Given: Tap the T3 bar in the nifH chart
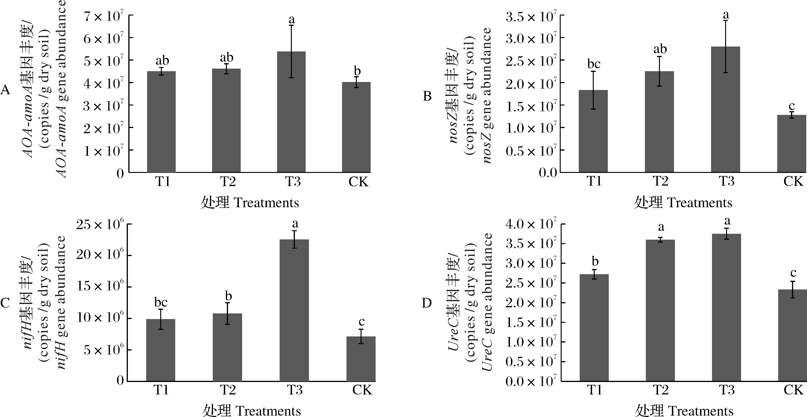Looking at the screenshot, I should tap(294, 310).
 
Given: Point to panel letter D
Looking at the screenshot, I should tap(427, 303).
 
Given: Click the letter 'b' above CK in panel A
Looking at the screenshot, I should tap(357, 71).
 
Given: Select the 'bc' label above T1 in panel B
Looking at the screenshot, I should tap(594, 64).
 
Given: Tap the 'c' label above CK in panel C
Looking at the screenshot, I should tap(362, 322).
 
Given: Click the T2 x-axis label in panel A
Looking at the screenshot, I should tap(228, 181).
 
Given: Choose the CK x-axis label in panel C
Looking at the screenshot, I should tap(362, 390).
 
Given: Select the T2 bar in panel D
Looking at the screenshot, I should tap(660, 310).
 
